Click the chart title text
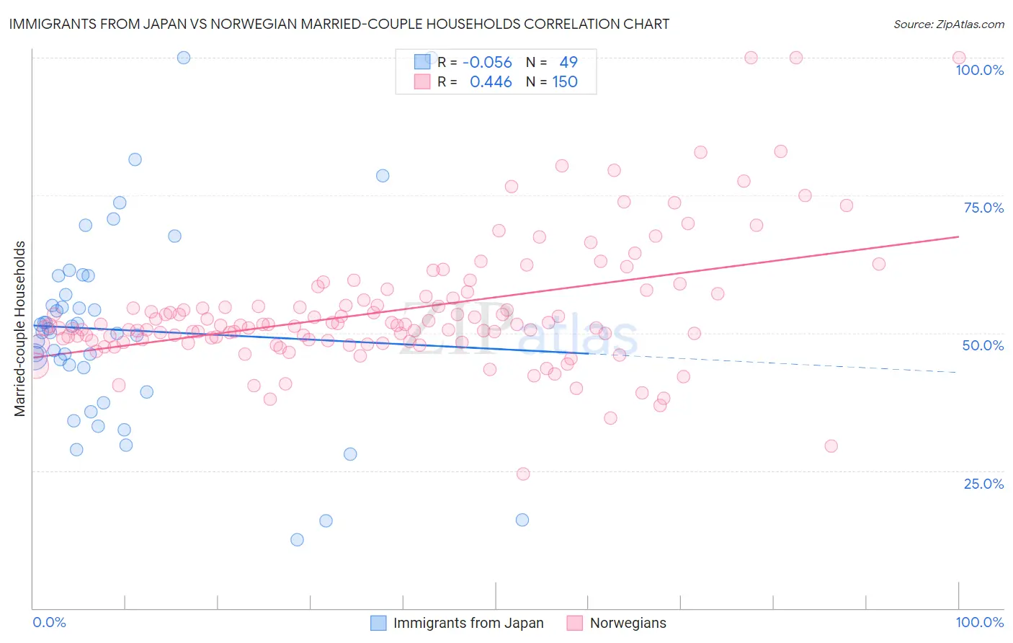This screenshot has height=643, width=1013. (x=338, y=24)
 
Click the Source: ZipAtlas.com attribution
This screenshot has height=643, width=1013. (x=948, y=24)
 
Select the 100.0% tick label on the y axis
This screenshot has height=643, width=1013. (x=979, y=70)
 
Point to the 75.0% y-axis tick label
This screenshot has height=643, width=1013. (x=983, y=208)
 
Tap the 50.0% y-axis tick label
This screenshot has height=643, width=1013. (x=983, y=345)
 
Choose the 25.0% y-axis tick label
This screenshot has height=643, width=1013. (x=983, y=483)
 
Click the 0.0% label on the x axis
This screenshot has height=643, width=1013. (x=49, y=622)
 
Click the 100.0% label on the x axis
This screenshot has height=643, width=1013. (x=979, y=622)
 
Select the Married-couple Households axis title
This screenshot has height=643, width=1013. (x=20, y=329)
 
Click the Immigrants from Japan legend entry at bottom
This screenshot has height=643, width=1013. (x=468, y=623)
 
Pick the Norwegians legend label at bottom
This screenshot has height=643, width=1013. (x=628, y=623)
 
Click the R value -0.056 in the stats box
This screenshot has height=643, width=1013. (x=487, y=62)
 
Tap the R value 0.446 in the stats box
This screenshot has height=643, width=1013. (x=491, y=82)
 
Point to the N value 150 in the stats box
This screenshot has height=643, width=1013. (x=565, y=82)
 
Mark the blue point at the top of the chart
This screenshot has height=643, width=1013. (x=184, y=58)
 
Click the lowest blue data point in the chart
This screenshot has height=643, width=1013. (x=297, y=539)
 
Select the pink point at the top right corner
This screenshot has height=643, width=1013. (x=958, y=58)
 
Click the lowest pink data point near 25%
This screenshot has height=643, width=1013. (x=523, y=474)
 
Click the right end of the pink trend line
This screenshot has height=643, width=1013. (x=958, y=236)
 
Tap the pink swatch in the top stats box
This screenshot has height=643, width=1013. (x=422, y=82)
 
